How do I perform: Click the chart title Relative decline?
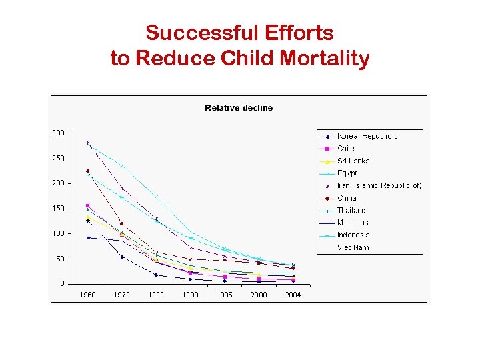[x=239, y=108]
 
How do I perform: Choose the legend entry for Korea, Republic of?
[x=368, y=135]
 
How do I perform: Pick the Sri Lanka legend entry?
[x=353, y=161]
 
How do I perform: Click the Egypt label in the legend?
[x=347, y=173]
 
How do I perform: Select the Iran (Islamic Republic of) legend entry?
[x=379, y=185]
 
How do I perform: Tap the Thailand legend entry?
[x=351, y=210]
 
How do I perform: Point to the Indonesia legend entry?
[x=353, y=235]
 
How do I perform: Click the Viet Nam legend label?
[x=353, y=247]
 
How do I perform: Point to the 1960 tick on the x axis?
[x=88, y=295]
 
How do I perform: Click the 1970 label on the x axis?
[x=122, y=295]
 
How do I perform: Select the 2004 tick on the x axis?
[x=293, y=295]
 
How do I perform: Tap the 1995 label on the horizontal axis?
[x=225, y=295]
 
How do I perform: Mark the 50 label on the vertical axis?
[x=60, y=259]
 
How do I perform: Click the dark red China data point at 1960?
[x=88, y=171]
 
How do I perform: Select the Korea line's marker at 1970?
[x=122, y=257]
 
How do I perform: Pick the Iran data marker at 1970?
[x=122, y=188]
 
